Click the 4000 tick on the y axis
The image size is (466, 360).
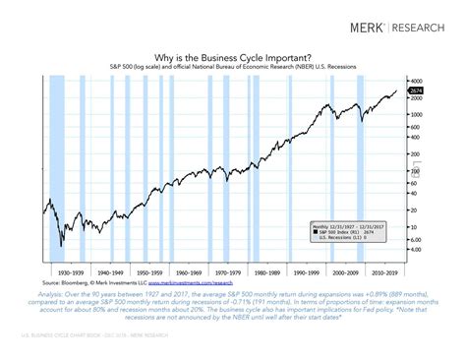(x=416, y=80)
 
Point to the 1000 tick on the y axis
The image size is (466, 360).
(x=416, y=114)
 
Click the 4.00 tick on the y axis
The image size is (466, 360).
(x=416, y=250)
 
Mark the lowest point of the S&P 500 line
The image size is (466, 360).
(x=60, y=247)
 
